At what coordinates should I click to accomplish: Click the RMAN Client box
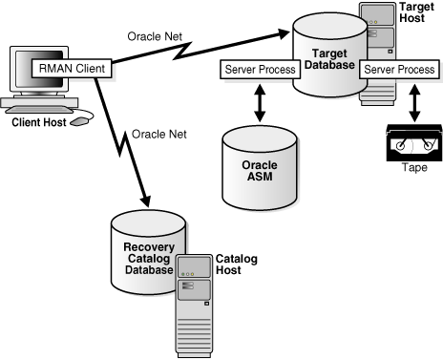point(72,69)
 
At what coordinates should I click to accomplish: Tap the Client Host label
point(44,122)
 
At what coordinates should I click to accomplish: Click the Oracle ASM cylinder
point(259,168)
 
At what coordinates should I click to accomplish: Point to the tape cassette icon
point(411,143)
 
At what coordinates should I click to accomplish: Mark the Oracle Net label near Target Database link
point(155,36)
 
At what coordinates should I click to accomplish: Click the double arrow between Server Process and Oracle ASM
point(260,100)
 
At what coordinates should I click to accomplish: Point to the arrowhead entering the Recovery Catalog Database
point(145,201)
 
